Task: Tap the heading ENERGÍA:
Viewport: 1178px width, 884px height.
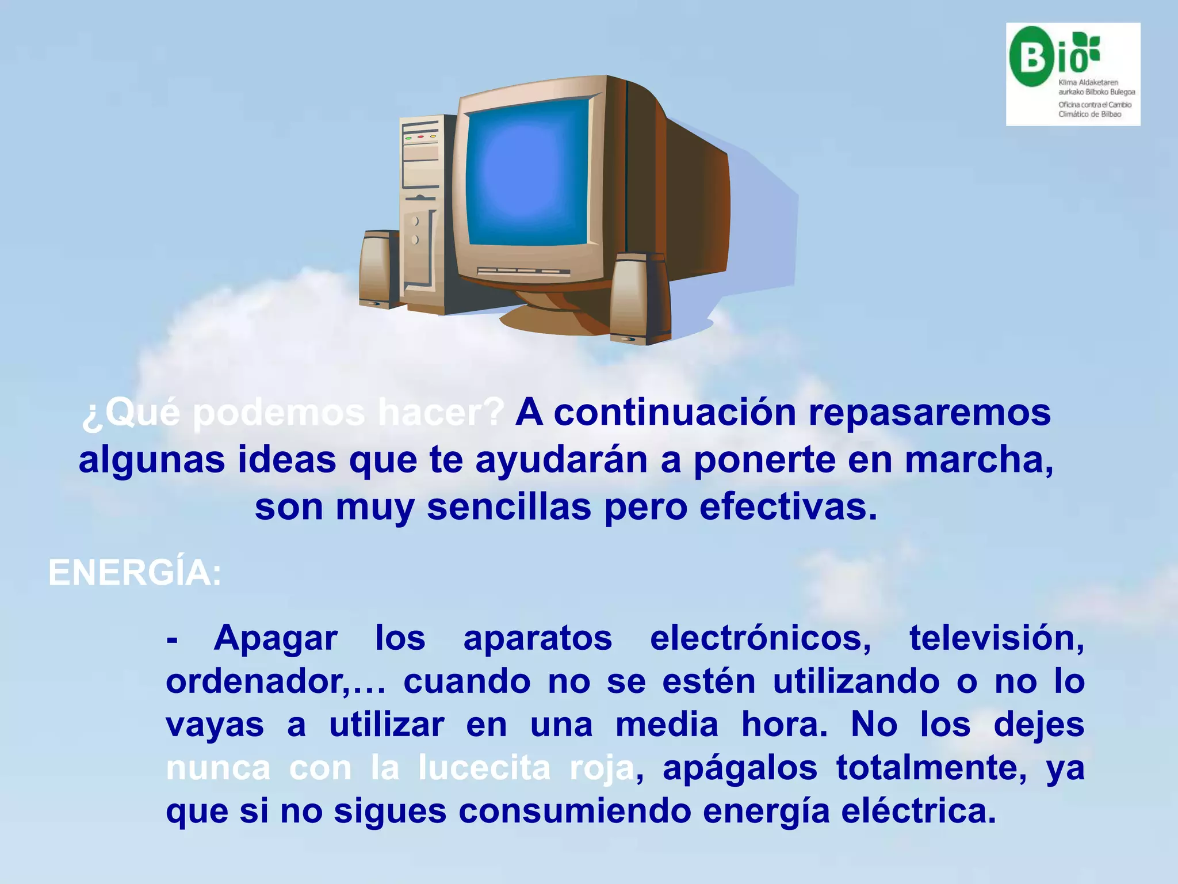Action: click(x=135, y=573)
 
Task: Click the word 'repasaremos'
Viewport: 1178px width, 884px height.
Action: click(x=929, y=413)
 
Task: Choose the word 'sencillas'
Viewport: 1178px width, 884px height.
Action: click(x=509, y=507)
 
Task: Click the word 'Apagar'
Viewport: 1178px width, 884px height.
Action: click(x=276, y=638)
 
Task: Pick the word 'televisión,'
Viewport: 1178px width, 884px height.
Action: click(x=997, y=638)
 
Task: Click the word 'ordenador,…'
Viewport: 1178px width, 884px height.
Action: click(x=276, y=681)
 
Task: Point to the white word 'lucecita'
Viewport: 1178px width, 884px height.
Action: click(x=484, y=768)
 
